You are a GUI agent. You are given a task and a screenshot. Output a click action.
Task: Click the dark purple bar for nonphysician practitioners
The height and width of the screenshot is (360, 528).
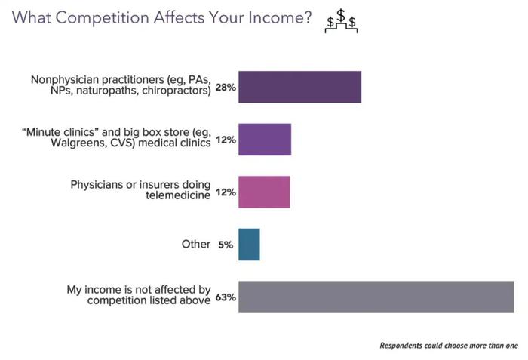299,87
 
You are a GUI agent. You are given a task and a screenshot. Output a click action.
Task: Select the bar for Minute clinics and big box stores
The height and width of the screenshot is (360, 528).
265,140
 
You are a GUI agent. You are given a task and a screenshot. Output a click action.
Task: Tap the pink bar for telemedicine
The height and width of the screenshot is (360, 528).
264,192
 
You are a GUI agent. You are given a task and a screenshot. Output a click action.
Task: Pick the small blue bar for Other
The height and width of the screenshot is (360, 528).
249,245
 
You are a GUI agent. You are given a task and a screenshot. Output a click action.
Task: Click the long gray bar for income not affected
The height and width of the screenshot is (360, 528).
376,297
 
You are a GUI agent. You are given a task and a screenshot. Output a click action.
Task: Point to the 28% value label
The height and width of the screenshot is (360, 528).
226,88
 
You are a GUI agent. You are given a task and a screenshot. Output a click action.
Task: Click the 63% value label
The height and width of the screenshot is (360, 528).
226,297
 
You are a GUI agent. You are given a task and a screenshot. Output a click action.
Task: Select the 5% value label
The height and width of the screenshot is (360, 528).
226,245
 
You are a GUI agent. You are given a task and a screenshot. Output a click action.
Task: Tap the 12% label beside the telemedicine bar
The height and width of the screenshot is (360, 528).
226,192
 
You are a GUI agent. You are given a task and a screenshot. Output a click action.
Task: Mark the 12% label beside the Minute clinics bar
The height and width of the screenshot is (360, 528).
226,140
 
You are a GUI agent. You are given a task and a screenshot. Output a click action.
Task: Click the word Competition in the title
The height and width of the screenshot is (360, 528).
102,18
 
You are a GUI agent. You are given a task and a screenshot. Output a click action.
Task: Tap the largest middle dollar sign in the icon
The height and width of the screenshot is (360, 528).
341,15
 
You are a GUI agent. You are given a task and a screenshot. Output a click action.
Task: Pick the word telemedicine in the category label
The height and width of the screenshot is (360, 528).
178,195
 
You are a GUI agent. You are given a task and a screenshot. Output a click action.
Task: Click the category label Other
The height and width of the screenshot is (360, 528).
196,244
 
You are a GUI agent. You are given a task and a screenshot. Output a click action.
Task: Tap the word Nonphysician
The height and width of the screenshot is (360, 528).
65,80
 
